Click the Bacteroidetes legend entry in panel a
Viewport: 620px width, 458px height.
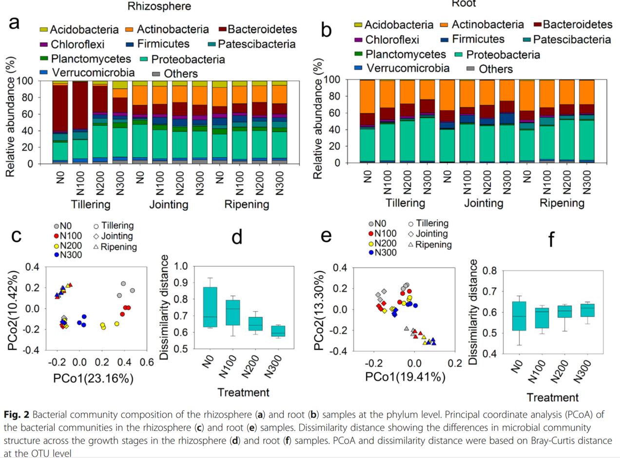coord(258,29)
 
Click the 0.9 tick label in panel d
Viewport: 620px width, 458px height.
coord(179,282)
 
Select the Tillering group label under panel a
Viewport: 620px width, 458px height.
coord(91,203)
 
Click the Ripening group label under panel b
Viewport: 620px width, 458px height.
coord(562,202)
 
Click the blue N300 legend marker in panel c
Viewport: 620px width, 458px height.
coord(56,254)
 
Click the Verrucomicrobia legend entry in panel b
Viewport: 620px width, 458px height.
coord(403,68)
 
